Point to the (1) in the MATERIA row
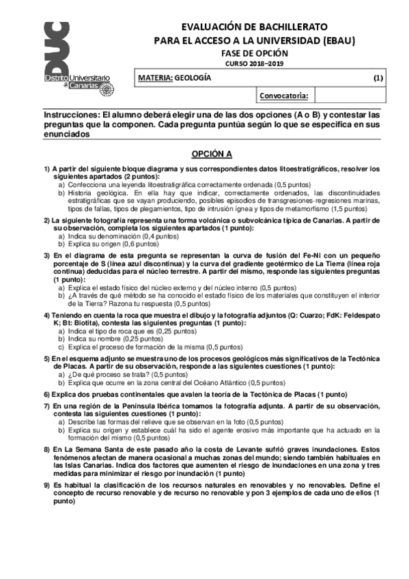(378, 78)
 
